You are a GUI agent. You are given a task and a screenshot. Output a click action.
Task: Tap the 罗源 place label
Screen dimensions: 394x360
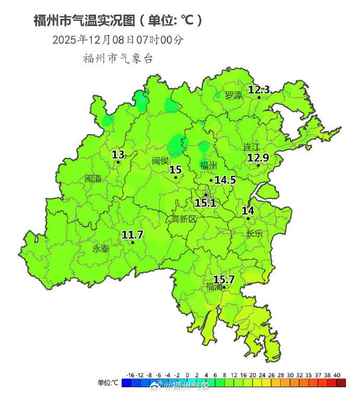(x=233, y=95)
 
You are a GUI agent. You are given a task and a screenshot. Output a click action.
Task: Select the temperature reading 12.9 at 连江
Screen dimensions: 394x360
(x=258, y=158)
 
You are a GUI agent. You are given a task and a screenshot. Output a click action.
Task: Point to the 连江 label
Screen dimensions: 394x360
(x=251, y=147)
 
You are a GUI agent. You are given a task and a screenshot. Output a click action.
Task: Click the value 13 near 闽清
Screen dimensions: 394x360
(x=118, y=154)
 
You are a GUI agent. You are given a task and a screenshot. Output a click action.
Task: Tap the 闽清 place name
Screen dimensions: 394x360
(x=93, y=178)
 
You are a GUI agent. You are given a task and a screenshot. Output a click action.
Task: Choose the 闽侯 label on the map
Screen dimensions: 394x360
(x=161, y=161)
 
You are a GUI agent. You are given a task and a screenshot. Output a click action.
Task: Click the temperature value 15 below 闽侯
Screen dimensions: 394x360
(x=175, y=170)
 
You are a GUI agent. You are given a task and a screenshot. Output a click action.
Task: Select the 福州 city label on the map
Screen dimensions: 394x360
(x=208, y=166)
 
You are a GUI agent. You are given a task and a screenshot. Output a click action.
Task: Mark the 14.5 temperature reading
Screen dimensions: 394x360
(x=225, y=180)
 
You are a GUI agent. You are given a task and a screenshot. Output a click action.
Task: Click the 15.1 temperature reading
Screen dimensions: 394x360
(x=206, y=202)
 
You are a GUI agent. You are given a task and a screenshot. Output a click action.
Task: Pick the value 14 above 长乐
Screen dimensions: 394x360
(x=248, y=210)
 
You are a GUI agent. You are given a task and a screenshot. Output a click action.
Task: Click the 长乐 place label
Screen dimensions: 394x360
(x=255, y=234)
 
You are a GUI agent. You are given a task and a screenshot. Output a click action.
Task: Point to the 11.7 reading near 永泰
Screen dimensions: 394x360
(x=133, y=235)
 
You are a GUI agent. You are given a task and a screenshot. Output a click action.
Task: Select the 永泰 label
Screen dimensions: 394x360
(x=101, y=249)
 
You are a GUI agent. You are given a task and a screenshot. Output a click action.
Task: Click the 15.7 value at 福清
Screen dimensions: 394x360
(x=224, y=280)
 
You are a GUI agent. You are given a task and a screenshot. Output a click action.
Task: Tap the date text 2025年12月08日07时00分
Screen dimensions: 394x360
(x=118, y=40)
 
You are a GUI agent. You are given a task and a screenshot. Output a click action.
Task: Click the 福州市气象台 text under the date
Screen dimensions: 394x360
(x=118, y=58)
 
